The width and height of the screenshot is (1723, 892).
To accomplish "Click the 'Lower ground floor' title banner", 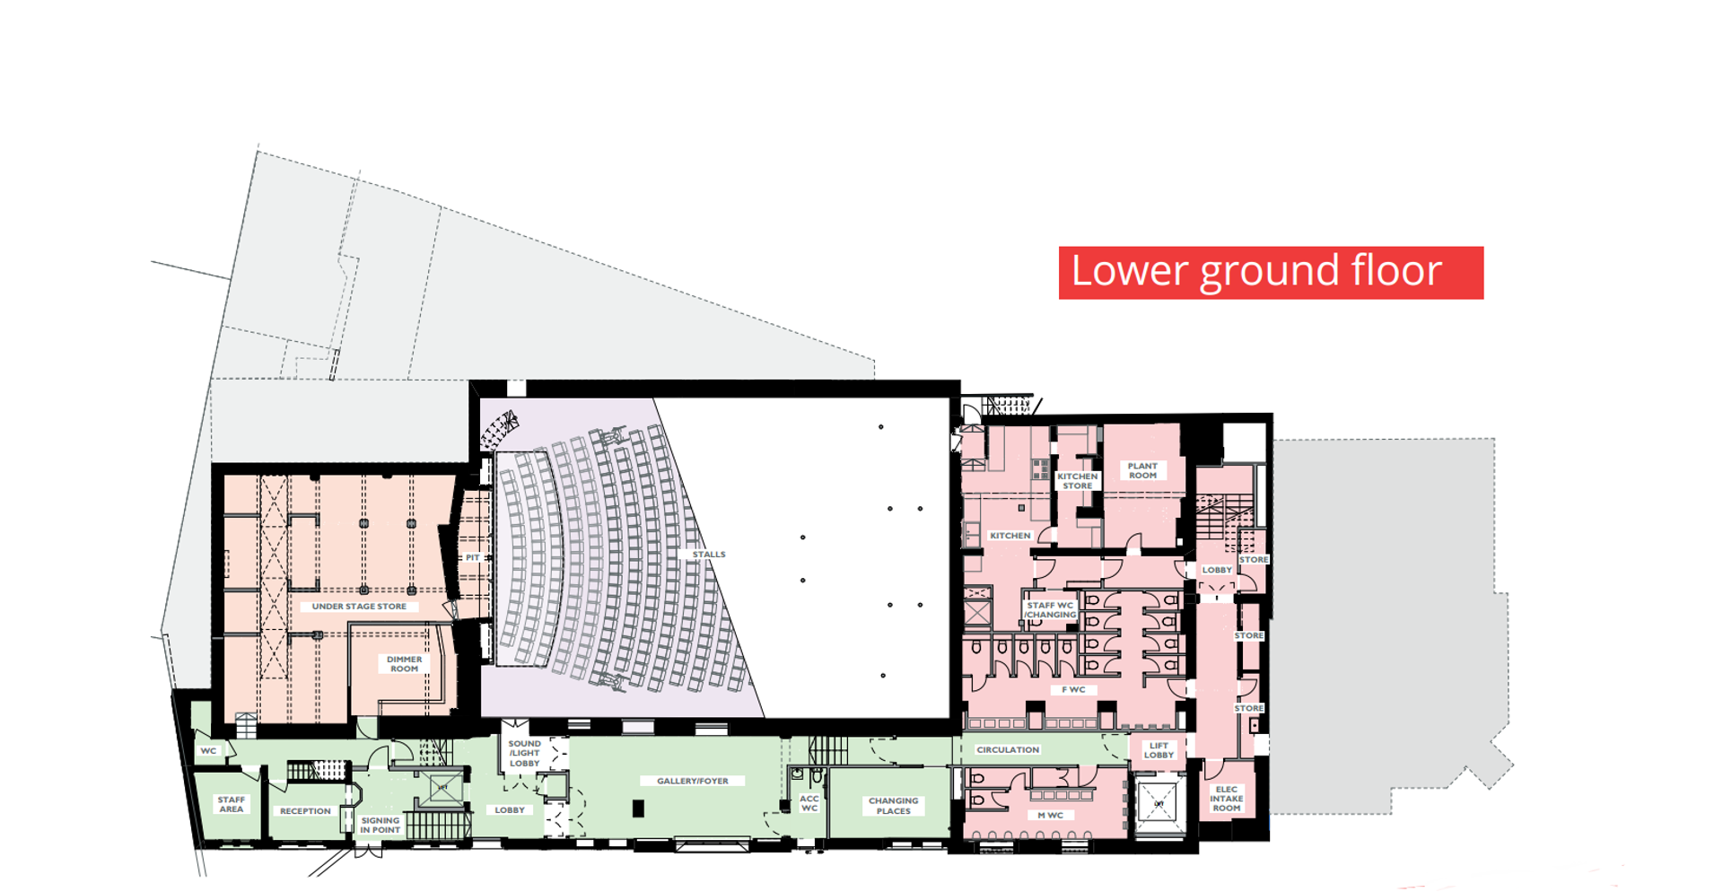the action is (1271, 273).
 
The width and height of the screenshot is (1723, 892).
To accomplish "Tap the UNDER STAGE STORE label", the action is (359, 607).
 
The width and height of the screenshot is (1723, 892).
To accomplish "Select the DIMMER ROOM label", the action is (404, 664).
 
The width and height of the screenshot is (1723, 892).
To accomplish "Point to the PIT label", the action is (473, 558).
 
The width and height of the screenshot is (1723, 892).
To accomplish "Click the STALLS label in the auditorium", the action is (709, 555).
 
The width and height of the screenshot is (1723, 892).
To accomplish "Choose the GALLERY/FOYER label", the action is (693, 781).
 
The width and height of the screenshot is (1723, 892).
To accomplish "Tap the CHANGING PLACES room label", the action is (894, 806).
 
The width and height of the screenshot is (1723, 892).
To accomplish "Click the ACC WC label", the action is (809, 803).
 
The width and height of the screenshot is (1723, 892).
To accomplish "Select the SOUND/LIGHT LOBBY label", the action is (525, 754).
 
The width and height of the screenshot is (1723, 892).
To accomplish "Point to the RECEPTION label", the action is (305, 811).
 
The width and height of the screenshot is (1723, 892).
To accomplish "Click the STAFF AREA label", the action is (232, 804).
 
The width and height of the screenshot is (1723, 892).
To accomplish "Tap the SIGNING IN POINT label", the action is (380, 826).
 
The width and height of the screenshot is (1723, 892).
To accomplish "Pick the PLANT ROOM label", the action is (1142, 471).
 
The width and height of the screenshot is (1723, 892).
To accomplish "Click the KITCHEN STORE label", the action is (1078, 481).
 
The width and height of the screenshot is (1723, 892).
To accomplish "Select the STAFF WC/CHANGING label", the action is (1050, 610).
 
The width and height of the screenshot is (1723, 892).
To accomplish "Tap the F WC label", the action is (1074, 690).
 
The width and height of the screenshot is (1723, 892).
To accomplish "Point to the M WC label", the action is (1051, 816).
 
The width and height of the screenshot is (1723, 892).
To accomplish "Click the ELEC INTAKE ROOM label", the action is (1227, 799).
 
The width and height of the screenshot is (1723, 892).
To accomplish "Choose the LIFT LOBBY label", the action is (1159, 750).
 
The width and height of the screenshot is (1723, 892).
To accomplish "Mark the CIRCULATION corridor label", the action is (1008, 750).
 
